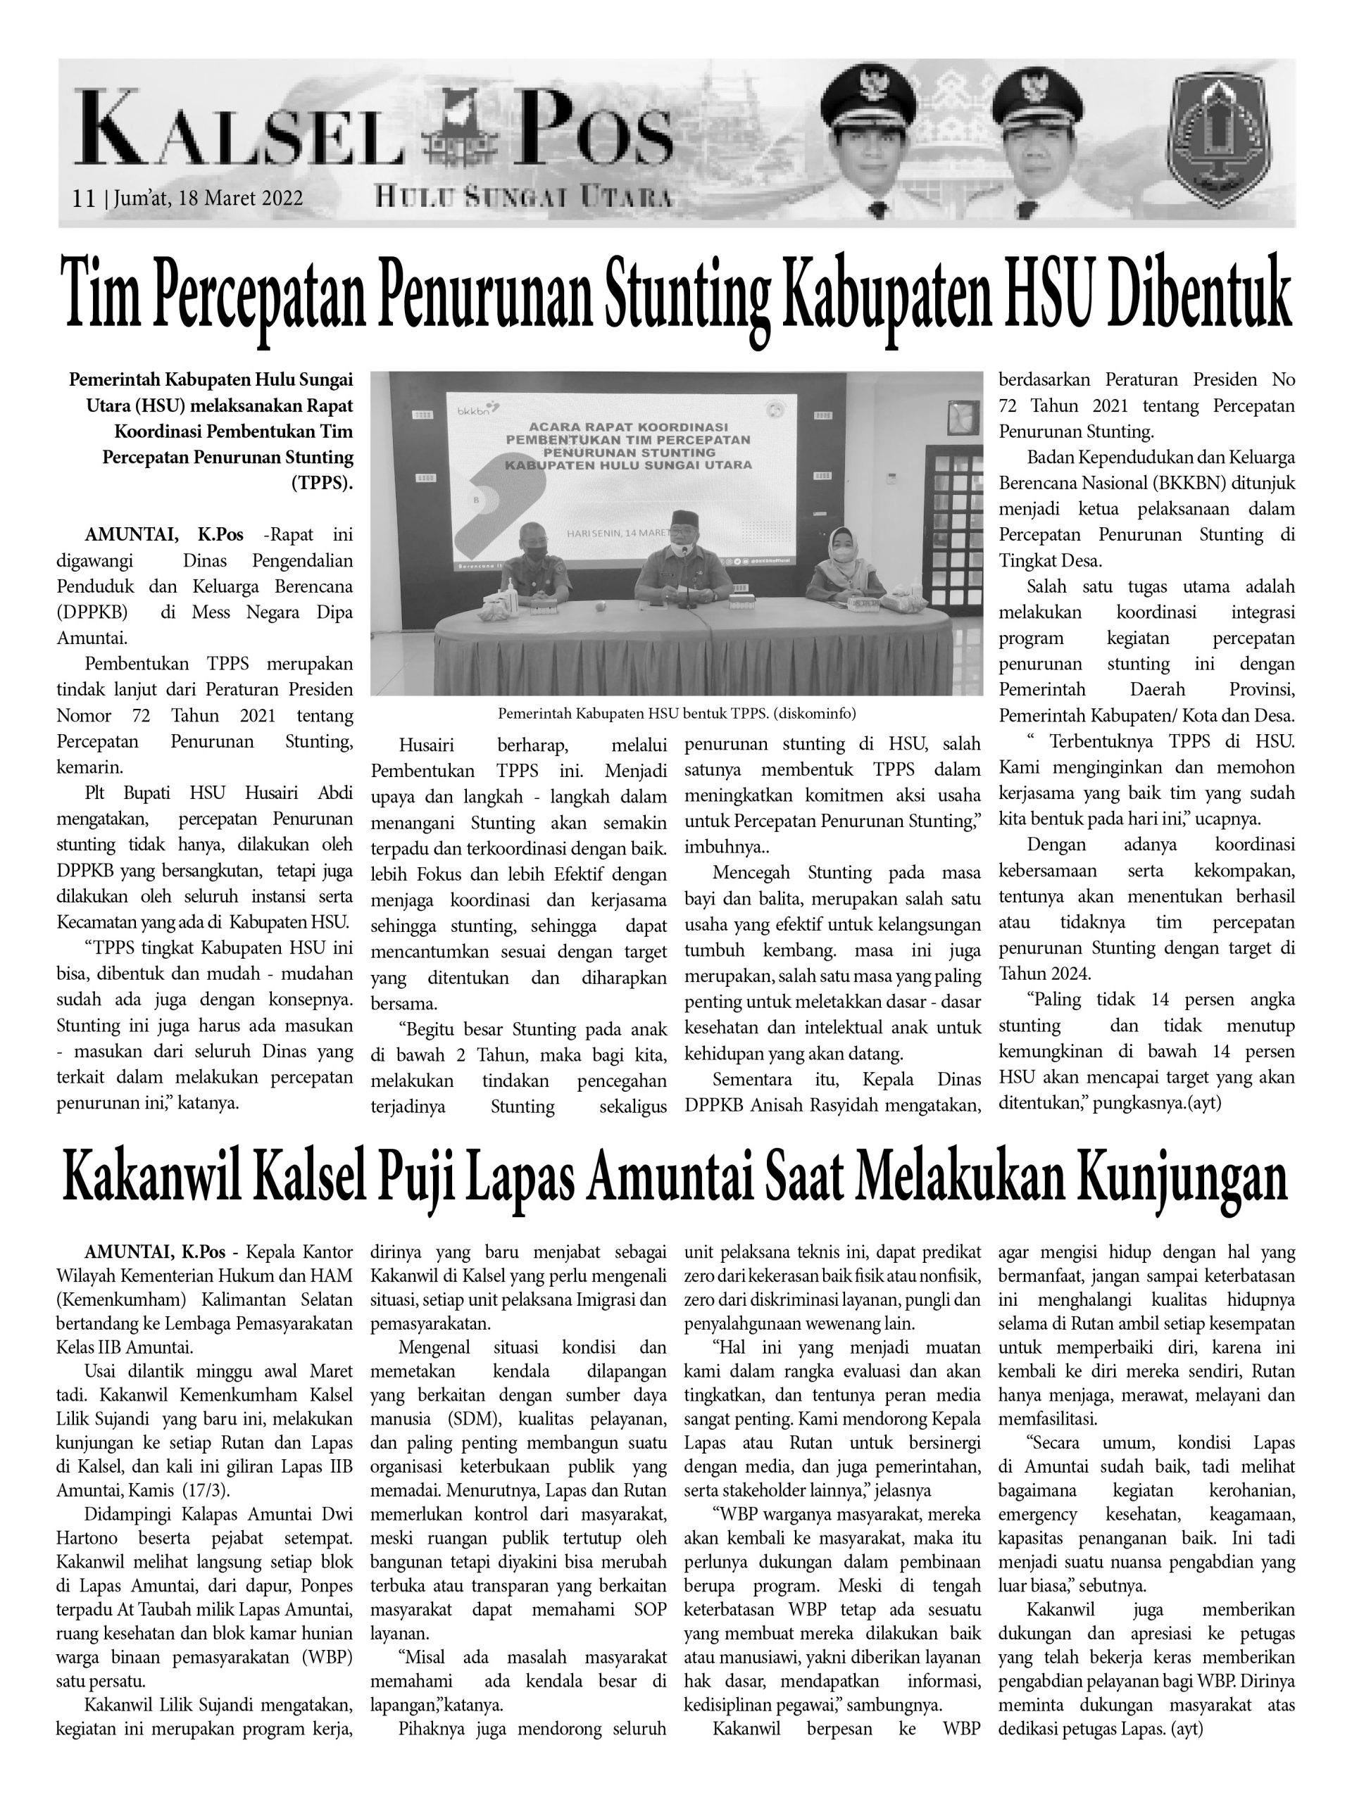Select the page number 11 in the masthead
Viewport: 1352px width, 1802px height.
tap(83, 199)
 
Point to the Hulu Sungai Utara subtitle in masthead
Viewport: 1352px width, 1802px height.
tap(524, 196)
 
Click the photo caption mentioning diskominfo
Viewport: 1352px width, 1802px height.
tap(677, 714)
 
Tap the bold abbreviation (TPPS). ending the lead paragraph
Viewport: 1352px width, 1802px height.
tap(322, 482)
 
